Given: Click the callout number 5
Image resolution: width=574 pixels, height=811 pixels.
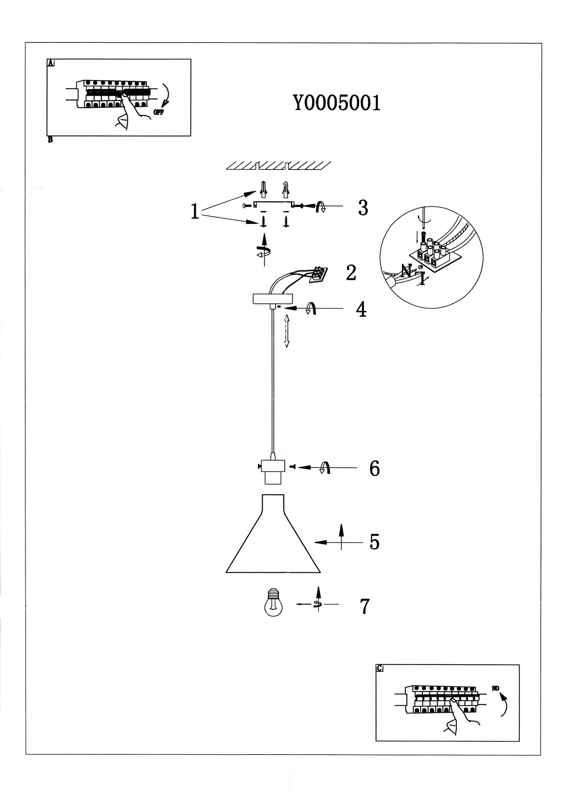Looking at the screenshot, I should point(374,542).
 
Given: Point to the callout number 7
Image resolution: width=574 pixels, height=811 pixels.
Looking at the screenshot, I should point(365,606).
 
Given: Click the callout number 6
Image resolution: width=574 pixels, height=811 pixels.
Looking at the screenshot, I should point(374,468).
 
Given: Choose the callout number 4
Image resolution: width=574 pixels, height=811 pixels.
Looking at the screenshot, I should point(361,309).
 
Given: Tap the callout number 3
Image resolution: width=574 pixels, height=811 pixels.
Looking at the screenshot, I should point(363,207).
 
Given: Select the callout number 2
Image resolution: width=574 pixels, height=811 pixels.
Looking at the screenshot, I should point(351,272).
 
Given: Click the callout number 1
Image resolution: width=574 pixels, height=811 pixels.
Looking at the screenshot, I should point(195,212).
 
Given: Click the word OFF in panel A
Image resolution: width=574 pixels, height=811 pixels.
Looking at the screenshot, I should point(158,112).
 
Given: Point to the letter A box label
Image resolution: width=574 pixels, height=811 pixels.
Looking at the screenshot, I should point(51,63).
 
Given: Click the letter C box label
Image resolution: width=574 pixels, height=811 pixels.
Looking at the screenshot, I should point(380,668).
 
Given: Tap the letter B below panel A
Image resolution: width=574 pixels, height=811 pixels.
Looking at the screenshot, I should point(50,140).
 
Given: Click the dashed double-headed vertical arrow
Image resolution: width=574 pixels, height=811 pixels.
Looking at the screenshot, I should point(286,331).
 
